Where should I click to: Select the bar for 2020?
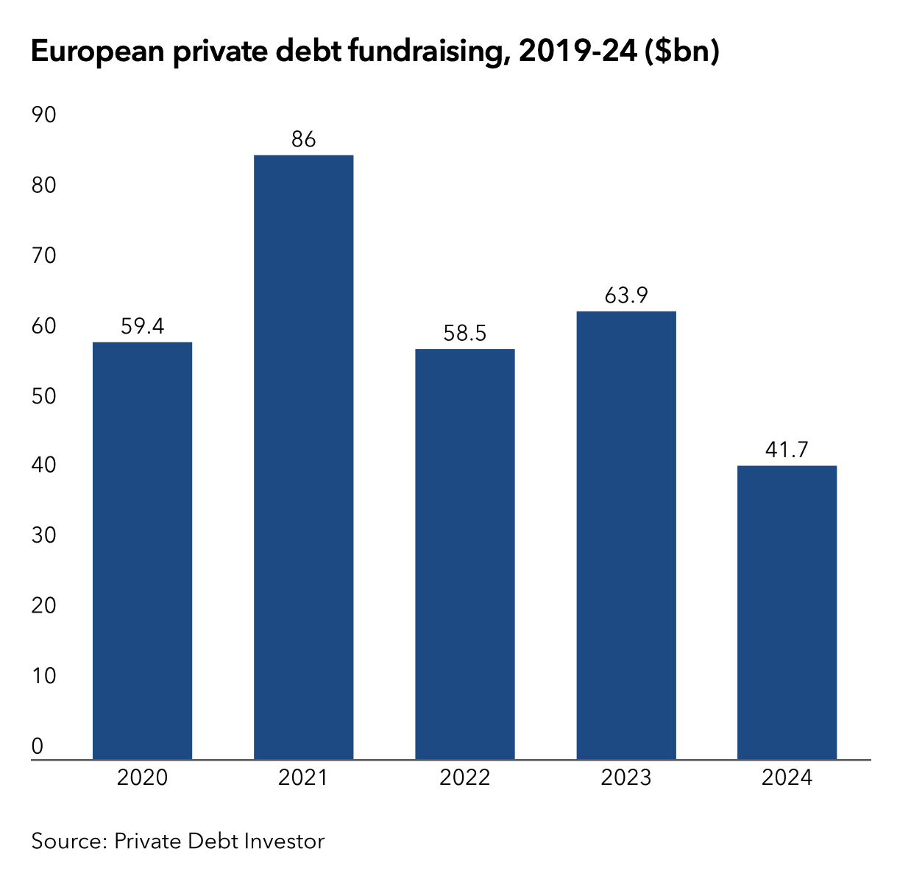coord(142,550)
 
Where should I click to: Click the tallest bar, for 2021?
coord(303,456)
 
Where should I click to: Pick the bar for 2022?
coord(464,554)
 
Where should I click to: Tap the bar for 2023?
coord(625,535)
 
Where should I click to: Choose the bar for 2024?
coord(787,612)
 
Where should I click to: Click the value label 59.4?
coord(142,326)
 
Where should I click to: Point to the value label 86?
coord(303,139)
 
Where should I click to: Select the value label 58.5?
coord(464,334)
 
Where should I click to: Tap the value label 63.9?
coord(625,295)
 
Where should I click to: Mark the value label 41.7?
coord(787,449)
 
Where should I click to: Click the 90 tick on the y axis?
coord(43,115)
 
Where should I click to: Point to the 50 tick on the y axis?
coord(43,395)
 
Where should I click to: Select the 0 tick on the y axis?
coord(38,746)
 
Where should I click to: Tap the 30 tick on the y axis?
coord(43,535)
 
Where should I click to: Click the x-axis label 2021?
coord(303,778)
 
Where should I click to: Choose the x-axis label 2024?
coord(787,778)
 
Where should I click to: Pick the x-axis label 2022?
coord(464,778)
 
